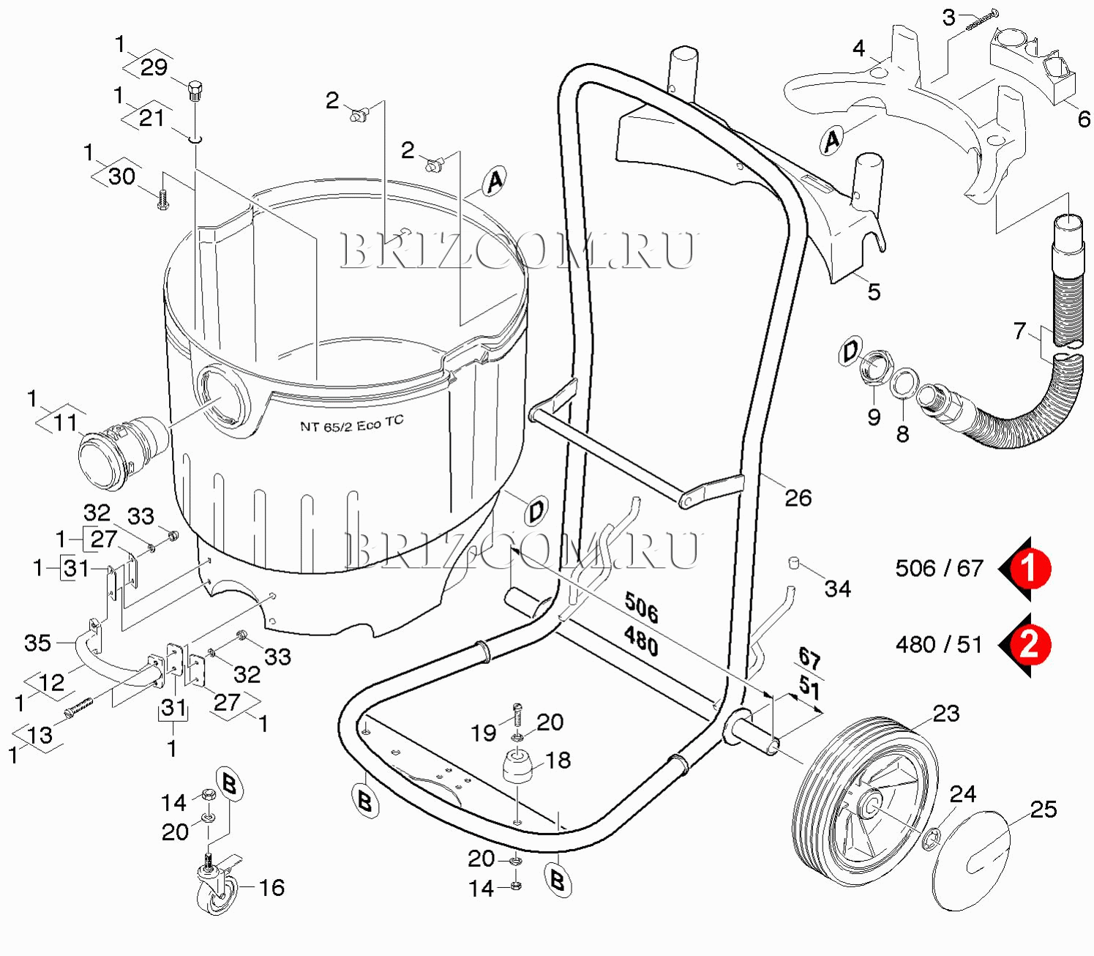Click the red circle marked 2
(x=1030, y=645)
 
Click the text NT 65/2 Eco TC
(x=351, y=424)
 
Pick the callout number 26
(x=798, y=498)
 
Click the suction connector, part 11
(x=123, y=452)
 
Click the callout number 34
(x=837, y=589)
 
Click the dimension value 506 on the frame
(x=641, y=608)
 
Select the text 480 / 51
(x=939, y=645)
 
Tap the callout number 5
(x=874, y=292)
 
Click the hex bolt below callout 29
(x=195, y=90)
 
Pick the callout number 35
(x=37, y=643)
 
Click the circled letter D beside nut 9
(x=850, y=351)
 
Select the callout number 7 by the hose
(x=1019, y=332)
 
